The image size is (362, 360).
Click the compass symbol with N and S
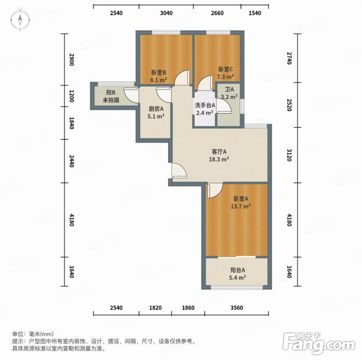(20, 20)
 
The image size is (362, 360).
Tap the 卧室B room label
(159, 72)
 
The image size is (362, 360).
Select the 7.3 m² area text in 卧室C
(225, 76)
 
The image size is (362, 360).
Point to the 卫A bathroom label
(230, 89)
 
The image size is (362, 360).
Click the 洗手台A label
(205, 106)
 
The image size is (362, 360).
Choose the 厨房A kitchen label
(156, 109)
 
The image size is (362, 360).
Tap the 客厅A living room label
(219, 152)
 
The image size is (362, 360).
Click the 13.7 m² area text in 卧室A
(241, 206)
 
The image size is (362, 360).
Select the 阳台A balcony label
(238, 270)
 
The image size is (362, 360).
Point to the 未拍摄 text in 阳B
(111, 100)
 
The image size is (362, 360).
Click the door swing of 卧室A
(215, 190)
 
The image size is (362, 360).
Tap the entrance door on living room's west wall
(179, 171)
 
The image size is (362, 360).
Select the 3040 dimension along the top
(166, 13)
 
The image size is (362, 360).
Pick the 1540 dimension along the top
(255, 13)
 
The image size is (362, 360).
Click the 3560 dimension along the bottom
(237, 308)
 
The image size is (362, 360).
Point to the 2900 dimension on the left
(72, 59)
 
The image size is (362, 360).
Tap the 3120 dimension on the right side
(290, 155)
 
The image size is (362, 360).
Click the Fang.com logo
(319, 343)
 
